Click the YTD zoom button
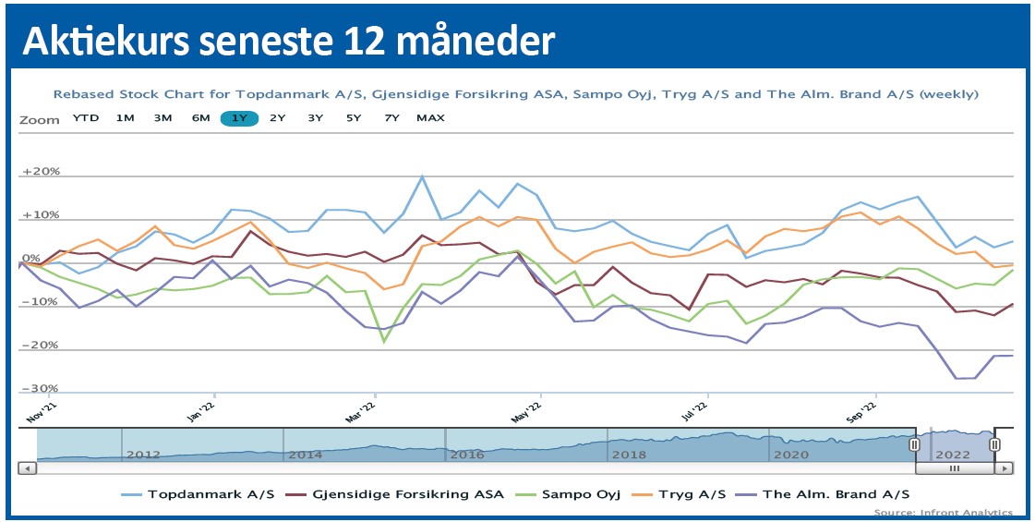click(x=86, y=118)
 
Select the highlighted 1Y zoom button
click(x=239, y=118)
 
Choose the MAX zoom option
click(x=430, y=118)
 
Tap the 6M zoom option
click(x=200, y=118)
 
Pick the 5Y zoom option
click(x=354, y=118)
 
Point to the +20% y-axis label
click(x=41, y=173)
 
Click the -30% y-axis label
click(x=41, y=389)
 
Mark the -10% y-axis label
click(x=41, y=302)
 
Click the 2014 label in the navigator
click(x=305, y=455)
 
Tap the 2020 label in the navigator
click(x=790, y=455)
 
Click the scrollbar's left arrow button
click(x=27, y=468)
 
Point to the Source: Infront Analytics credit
click(x=943, y=513)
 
